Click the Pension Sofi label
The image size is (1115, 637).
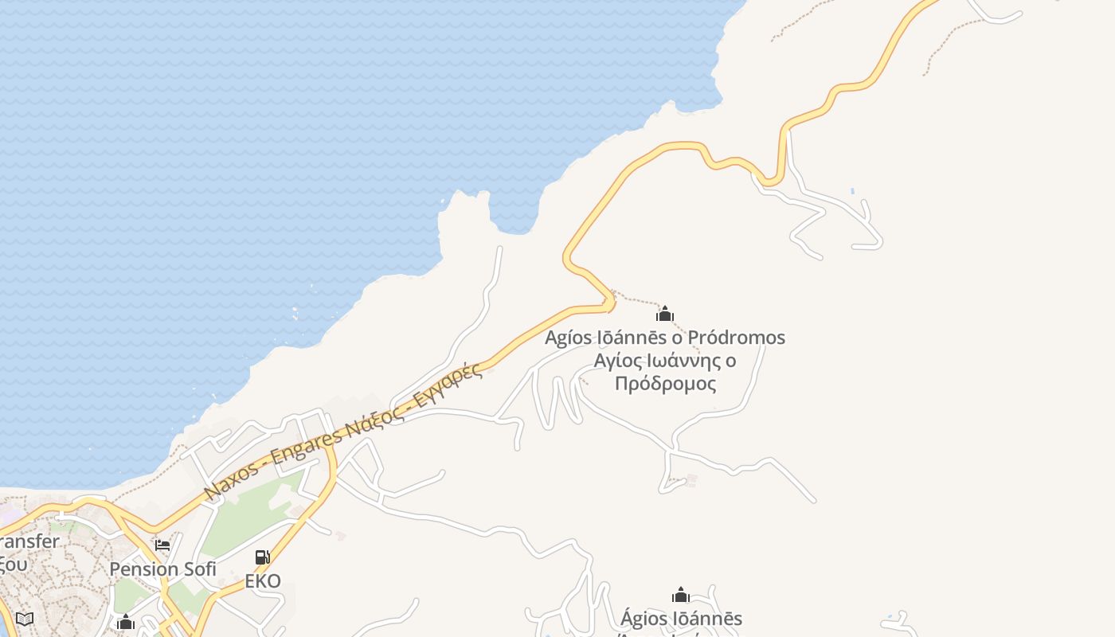coord(162,569)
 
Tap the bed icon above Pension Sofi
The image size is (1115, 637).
coord(162,545)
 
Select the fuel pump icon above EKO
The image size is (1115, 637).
coord(262,557)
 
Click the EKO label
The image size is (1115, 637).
coord(263,581)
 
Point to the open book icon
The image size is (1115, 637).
coord(25,619)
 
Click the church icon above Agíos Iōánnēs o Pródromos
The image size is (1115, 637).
coord(665,314)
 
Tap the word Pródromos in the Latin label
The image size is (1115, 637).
coord(736,338)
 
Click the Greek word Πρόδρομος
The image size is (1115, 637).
coord(665,384)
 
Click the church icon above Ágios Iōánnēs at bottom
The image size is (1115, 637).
coord(681,595)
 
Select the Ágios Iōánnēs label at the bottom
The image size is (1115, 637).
coord(681,619)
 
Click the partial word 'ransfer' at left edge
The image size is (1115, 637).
coord(29,542)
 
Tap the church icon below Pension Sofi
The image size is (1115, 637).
coord(126,622)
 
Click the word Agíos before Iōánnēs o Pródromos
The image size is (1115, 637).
coord(568,338)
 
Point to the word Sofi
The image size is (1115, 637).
coord(199,569)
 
